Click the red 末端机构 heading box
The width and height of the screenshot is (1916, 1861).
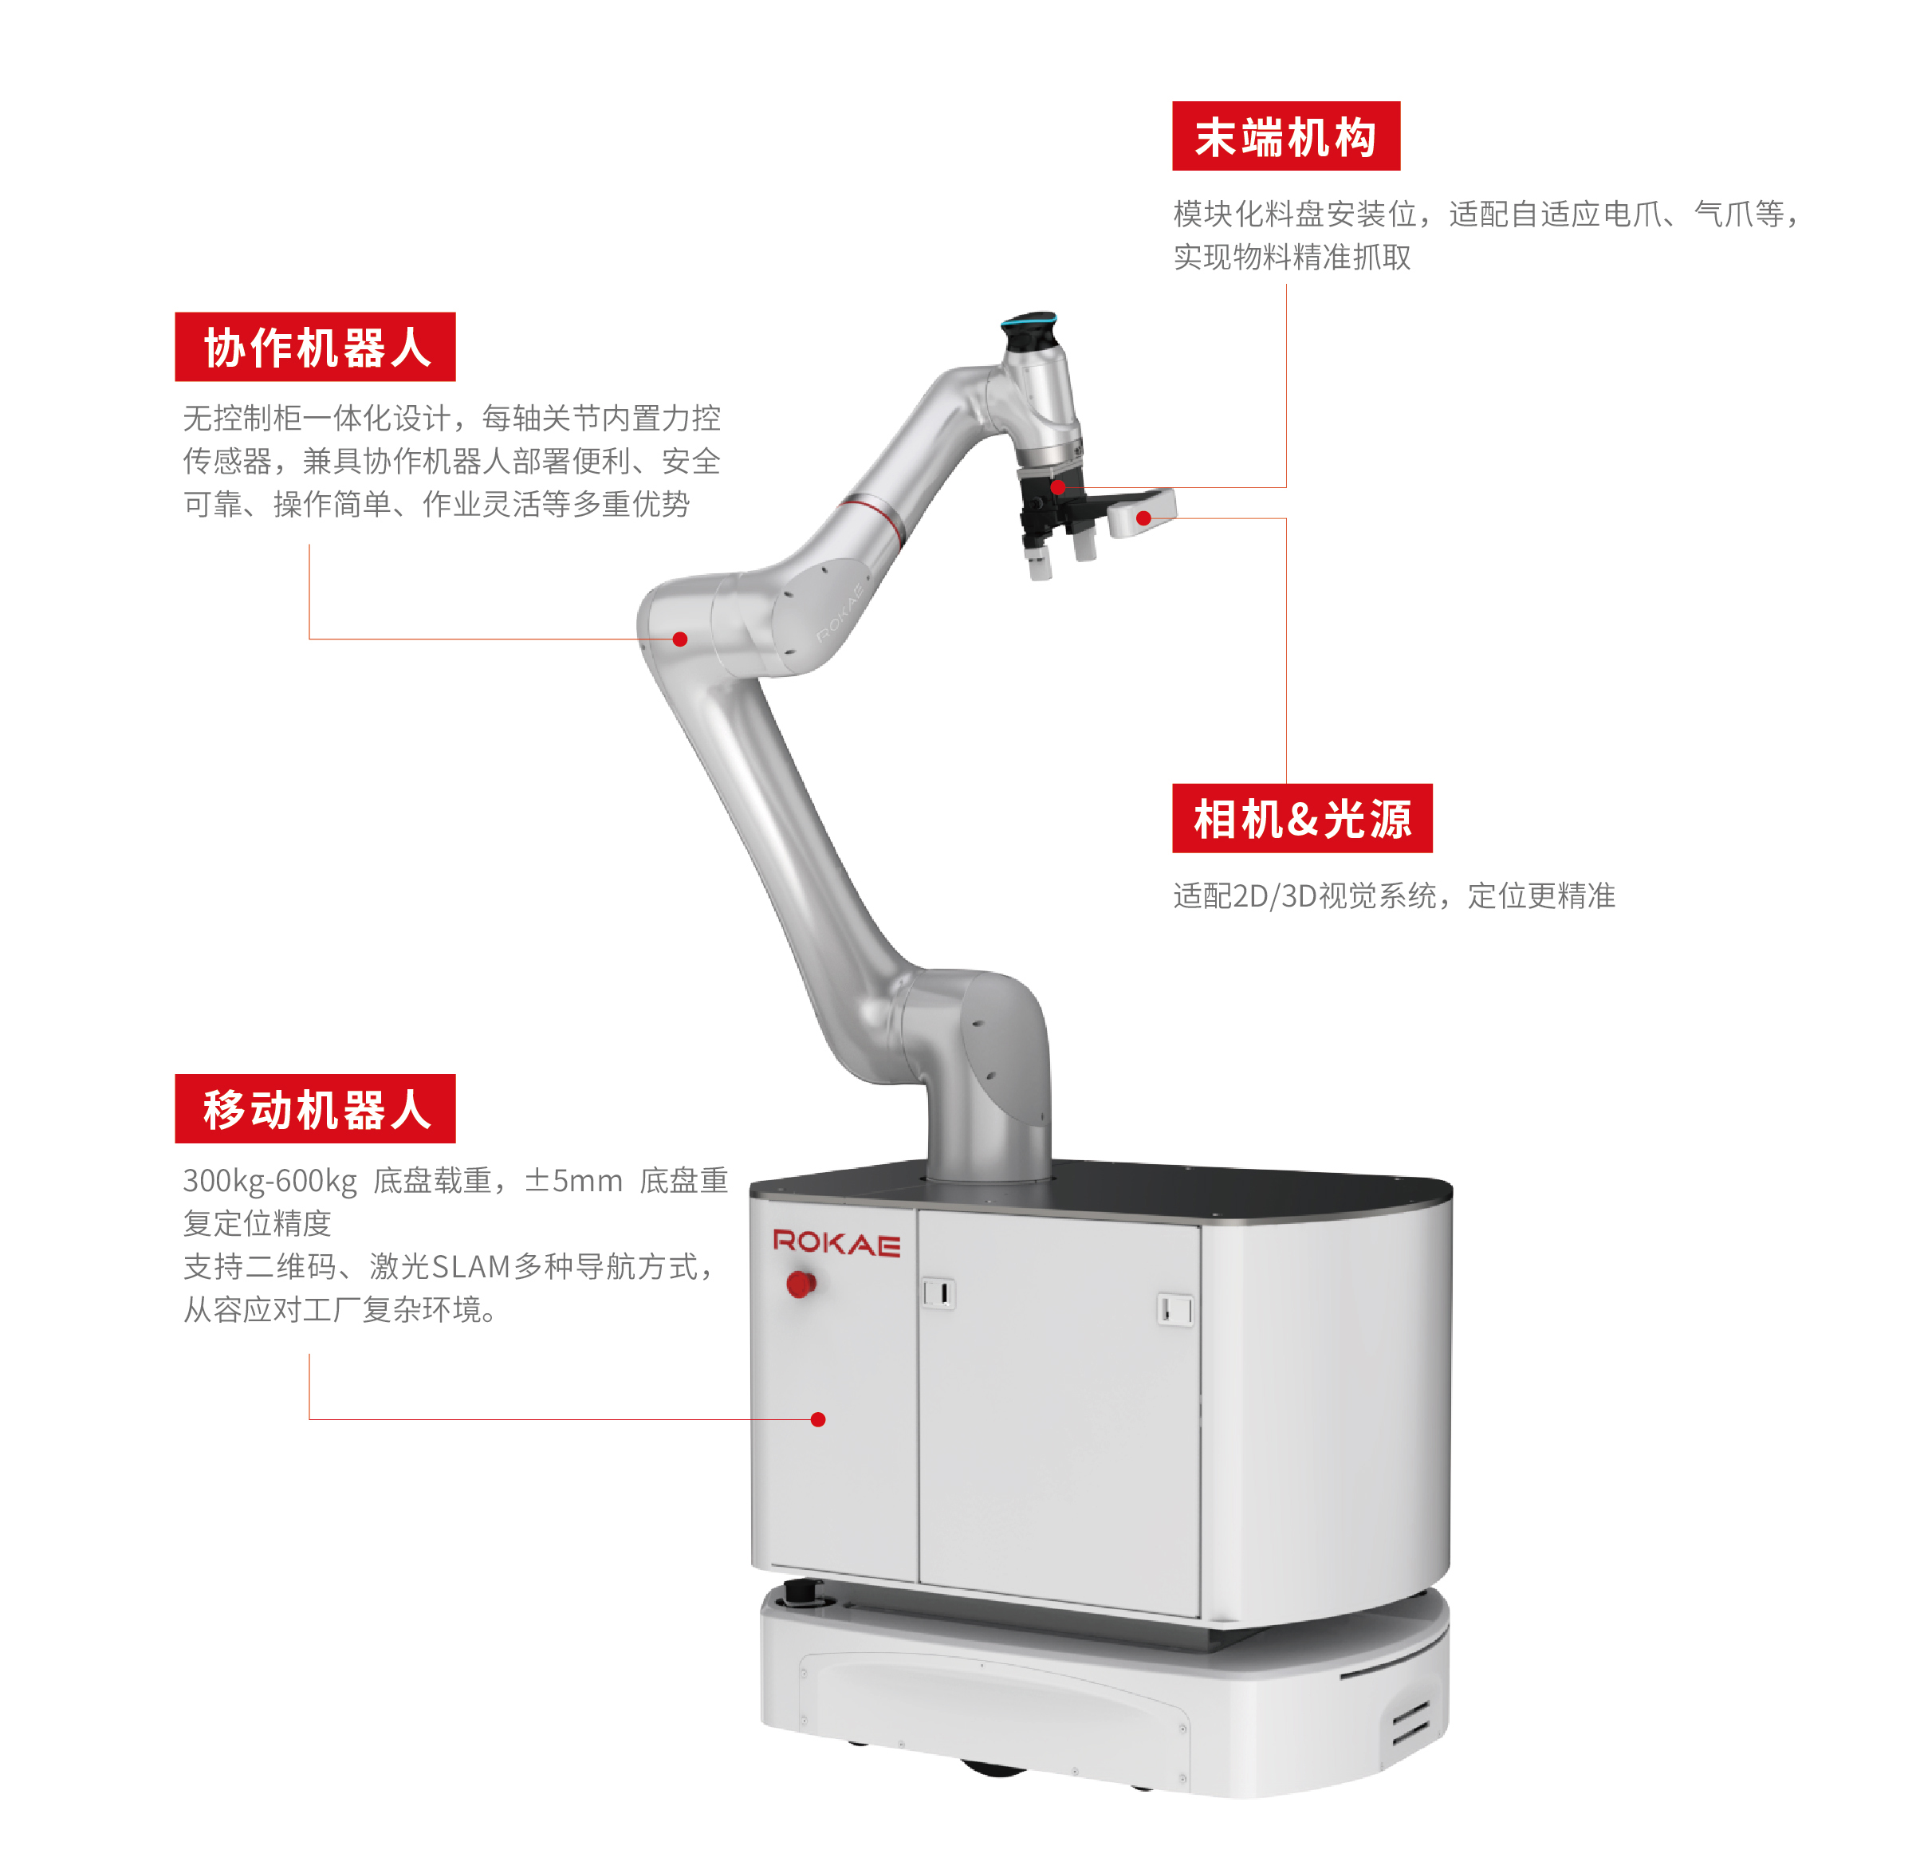1285,136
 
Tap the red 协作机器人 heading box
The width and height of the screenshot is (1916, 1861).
315,347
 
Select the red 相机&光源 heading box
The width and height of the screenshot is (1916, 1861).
1302,818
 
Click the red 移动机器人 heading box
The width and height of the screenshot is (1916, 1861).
315,1108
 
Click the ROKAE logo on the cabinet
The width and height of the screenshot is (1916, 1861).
836,1242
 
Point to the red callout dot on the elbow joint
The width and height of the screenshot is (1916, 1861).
680,639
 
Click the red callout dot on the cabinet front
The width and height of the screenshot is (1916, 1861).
818,1419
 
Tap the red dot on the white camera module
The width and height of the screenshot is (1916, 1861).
1143,518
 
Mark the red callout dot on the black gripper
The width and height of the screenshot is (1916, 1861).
1058,486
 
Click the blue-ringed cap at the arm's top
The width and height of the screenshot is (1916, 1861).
1029,324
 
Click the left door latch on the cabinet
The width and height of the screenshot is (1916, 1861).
939,1294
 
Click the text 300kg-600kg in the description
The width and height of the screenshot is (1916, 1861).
269,1181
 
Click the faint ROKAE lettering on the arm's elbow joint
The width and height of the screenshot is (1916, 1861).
840,613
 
